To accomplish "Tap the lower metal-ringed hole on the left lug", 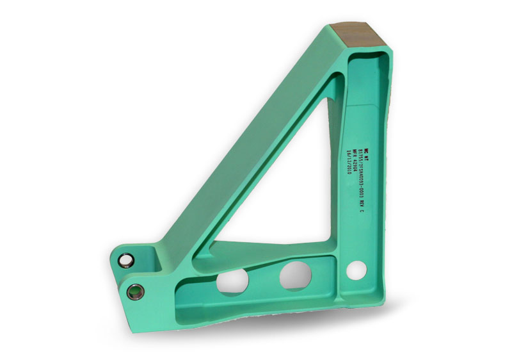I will point(136,291).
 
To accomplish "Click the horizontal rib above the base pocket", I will point(269,254).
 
